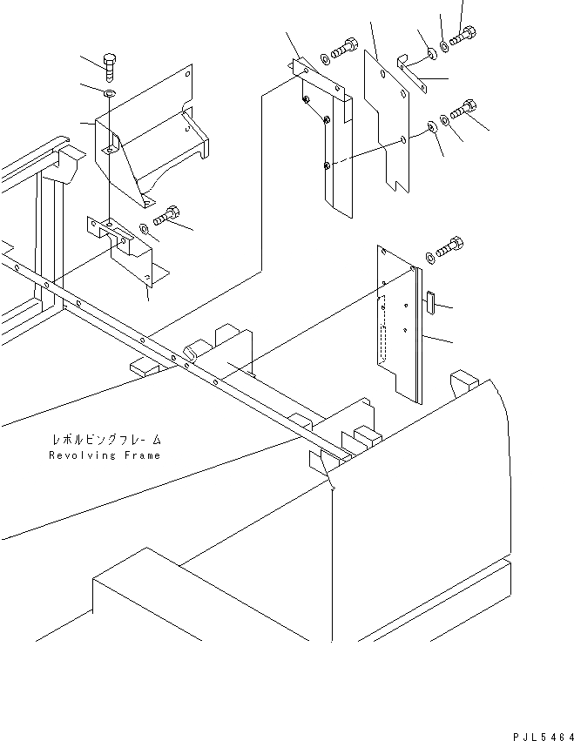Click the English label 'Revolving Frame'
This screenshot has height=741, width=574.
pos(105,455)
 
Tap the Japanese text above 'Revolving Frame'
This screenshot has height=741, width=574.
pos(105,441)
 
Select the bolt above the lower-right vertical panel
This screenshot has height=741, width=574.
pos(449,246)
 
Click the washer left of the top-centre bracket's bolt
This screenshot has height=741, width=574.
pos(325,57)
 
